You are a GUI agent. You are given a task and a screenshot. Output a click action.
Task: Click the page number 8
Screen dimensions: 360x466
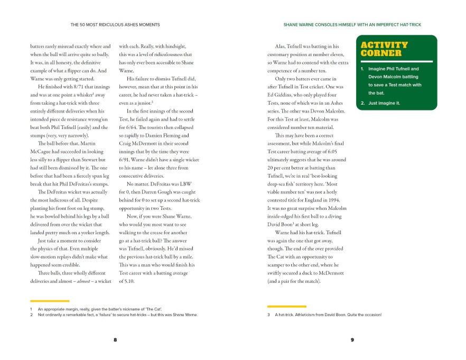pos(115,339)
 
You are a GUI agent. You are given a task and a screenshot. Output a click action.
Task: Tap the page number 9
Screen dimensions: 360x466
pos(352,339)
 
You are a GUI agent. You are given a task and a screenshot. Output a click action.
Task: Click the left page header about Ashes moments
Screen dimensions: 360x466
pos(115,24)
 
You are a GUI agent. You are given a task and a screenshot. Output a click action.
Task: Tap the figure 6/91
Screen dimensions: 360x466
pos(127,159)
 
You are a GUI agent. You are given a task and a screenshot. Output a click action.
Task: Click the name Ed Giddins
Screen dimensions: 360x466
pos(284,95)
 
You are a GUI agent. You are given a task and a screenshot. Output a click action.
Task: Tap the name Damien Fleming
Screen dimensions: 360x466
pos(170,136)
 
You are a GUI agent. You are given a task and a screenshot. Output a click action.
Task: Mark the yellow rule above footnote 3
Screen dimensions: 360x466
pos(287,306)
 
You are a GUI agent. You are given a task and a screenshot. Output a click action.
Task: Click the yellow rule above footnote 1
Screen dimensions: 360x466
pos(50,301)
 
